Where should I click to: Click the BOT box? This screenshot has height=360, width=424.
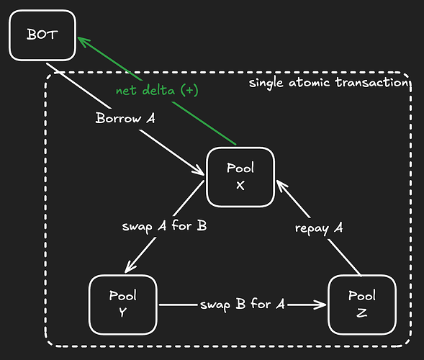pyautogui.click(x=42, y=35)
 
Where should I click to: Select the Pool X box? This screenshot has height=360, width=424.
pyautogui.click(x=240, y=177)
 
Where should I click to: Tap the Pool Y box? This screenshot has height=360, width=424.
pyautogui.click(x=123, y=305)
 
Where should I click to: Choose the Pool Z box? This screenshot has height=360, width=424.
pyautogui.click(x=362, y=305)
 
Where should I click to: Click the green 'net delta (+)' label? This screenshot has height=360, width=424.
pyautogui.click(x=157, y=90)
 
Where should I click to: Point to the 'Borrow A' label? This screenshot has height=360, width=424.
pyautogui.click(x=125, y=118)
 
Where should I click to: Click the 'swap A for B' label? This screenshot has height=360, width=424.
pyautogui.click(x=164, y=226)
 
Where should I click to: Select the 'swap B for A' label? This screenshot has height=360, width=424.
pyautogui.click(x=243, y=305)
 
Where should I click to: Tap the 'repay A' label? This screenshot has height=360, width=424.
pyautogui.click(x=319, y=228)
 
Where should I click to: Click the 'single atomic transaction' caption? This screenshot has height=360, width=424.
pyautogui.click(x=328, y=82)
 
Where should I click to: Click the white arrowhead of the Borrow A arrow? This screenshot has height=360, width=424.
pyautogui.click(x=199, y=171)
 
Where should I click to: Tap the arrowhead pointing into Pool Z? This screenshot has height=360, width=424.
pyautogui.click(x=321, y=305)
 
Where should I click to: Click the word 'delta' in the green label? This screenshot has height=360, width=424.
pyautogui.click(x=158, y=90)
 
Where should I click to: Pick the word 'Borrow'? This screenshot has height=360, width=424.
pyautogui.click(x=118, y=118)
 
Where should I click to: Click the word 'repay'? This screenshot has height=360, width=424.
pyautogui.click(x=312, y=229)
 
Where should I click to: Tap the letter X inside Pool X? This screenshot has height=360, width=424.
pyautogui.click(x=240, y=186)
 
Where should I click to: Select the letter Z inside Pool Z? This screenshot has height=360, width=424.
pyautogui.click(x=362, y=313)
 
